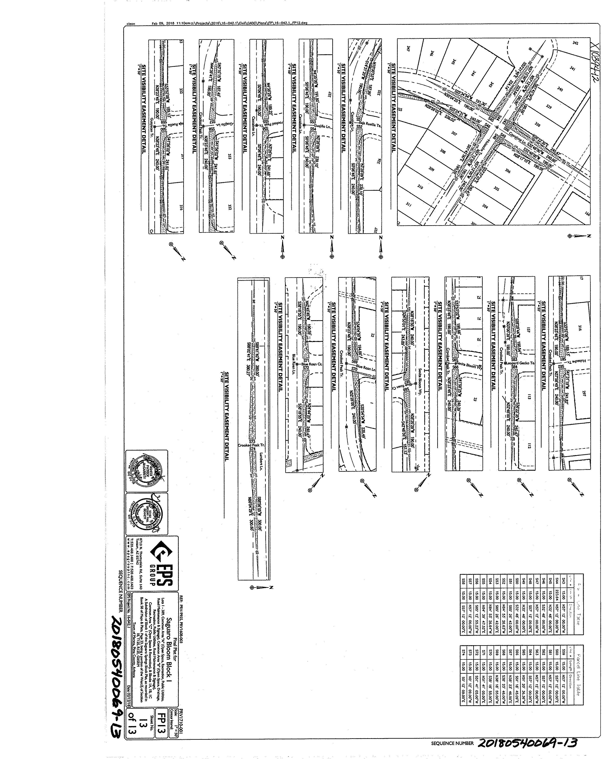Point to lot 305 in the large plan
pos(496,188)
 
